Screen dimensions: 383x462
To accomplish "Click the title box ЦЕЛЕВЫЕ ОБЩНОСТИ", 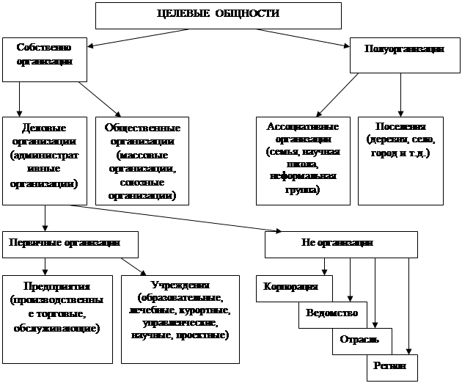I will click(x=219, y=15).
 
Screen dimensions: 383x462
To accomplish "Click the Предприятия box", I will click(x=57, y=319).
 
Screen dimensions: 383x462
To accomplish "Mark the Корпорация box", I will click(x=290, y=286).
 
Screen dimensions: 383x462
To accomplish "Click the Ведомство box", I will click(x=332, y=313).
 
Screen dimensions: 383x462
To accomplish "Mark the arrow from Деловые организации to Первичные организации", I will click(x=46, y=217).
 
